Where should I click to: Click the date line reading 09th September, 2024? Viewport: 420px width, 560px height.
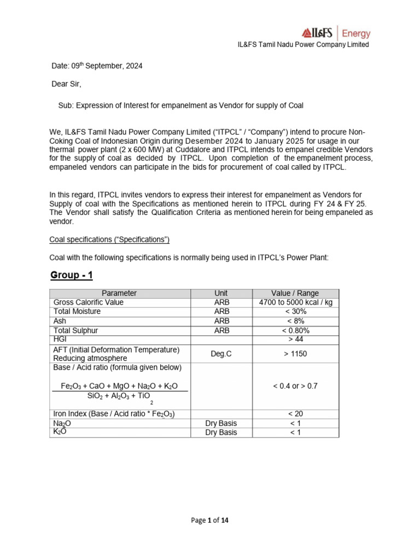click(x=96, y=66)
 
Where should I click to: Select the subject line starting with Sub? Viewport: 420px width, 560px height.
click(x=180, y=105)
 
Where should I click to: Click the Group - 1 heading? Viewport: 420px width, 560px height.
click(x=72, y=275)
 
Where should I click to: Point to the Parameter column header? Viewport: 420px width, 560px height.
click(x=119, y=293)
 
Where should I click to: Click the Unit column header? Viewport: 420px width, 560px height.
click(x=221, y=293)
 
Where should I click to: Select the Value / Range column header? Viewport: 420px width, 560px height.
click(x=295, y=293)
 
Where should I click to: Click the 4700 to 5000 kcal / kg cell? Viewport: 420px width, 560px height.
click(x=295, y=302)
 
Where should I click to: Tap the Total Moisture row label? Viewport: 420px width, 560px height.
click(x=77, y=312)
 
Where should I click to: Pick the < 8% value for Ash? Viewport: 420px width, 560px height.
click(x=295, y=321)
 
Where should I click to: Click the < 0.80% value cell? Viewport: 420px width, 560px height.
click(x=295, y=330)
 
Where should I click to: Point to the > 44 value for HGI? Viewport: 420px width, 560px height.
click(x=295, y=340)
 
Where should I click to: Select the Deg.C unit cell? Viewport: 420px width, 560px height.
click(x=221, y=354)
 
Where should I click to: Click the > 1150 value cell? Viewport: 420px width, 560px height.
click(x=295, y=354)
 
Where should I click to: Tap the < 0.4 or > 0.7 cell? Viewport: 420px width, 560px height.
click(x=295, y=386)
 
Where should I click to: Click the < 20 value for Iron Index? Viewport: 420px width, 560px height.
click(x=295, y=413)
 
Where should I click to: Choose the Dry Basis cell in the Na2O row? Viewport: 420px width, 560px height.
click(x=221, y=423)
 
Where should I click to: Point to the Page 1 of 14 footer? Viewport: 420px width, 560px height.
click(x=210, y=521)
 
